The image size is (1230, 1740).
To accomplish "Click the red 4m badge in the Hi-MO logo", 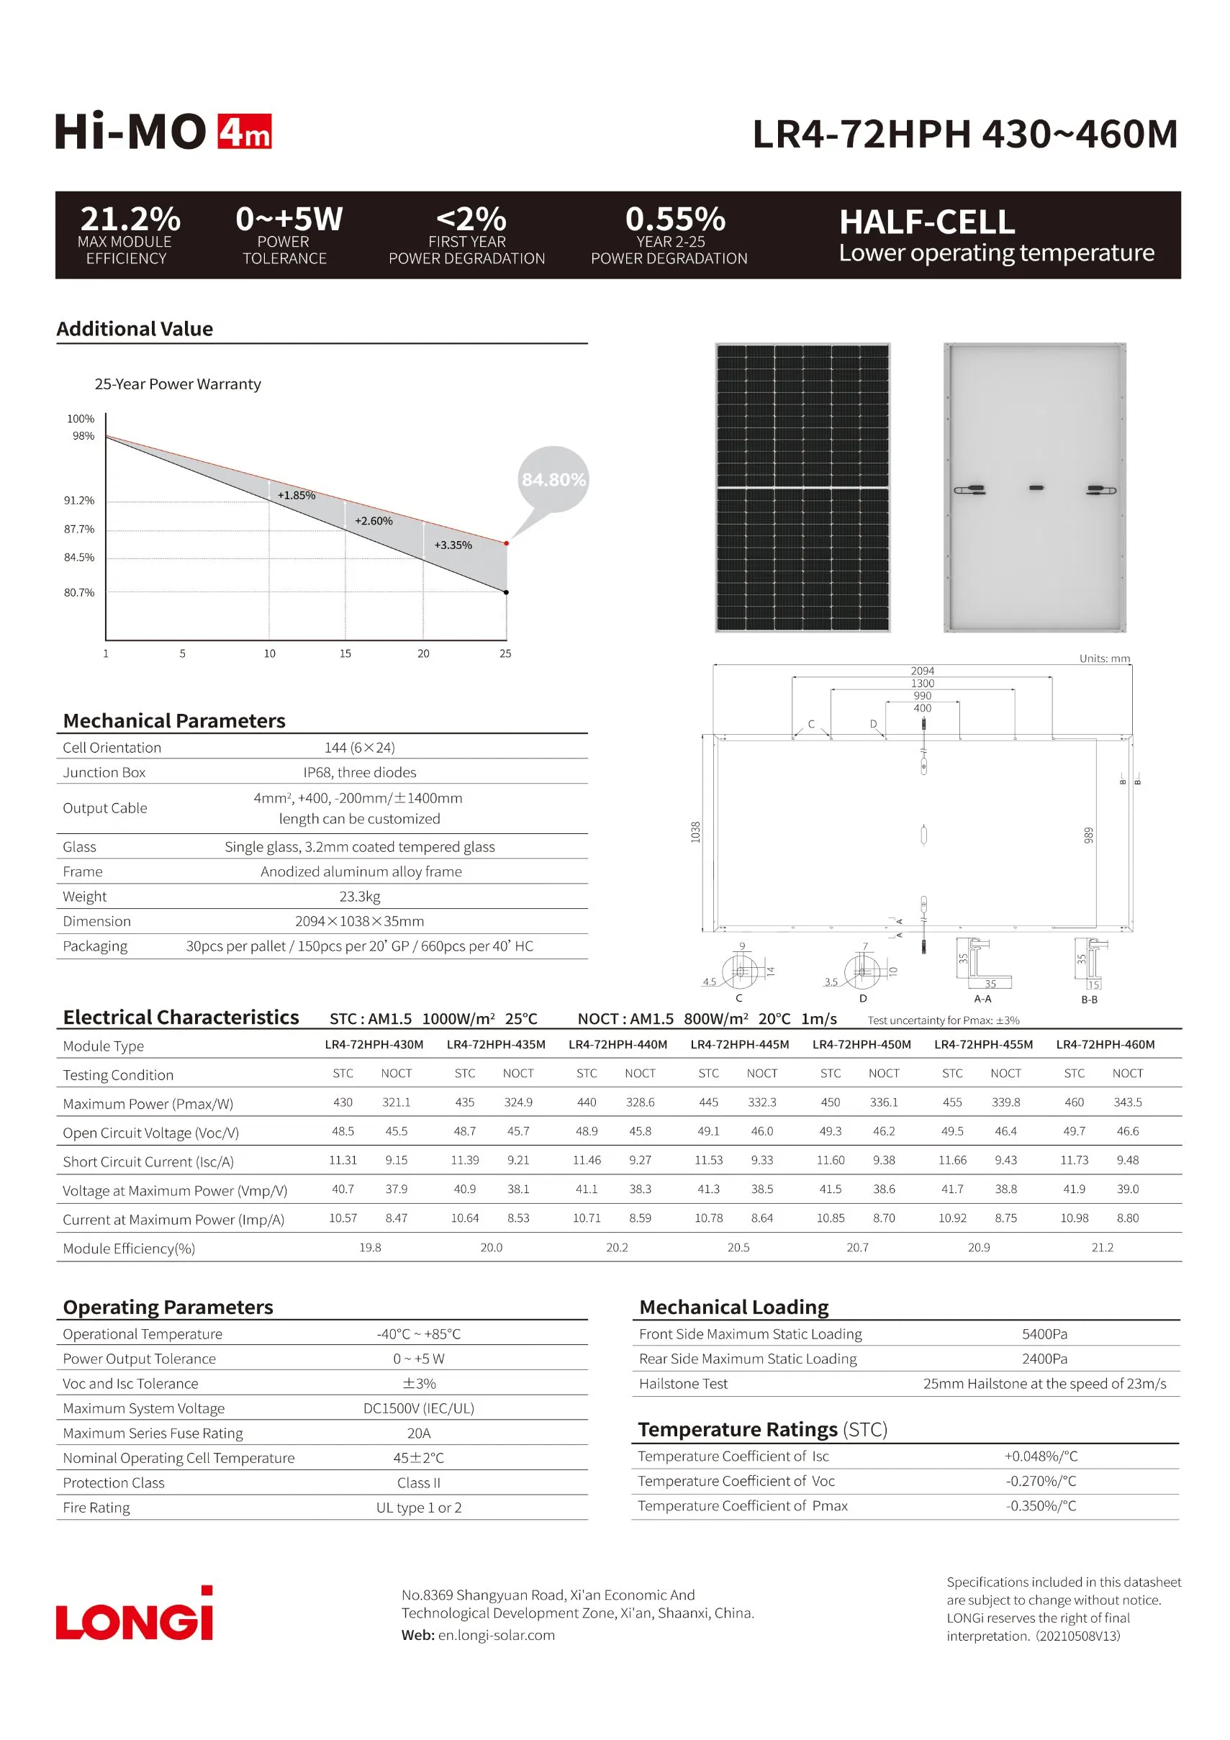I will click(x=244, y=132).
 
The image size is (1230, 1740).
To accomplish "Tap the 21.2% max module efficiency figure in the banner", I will click(x=130, y=219).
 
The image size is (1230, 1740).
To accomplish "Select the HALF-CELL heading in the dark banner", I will click(x=926, y=222).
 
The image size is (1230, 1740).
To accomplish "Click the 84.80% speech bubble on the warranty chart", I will click(x=553, y=480).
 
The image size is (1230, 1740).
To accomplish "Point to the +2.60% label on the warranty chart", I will click(x=374, y=521).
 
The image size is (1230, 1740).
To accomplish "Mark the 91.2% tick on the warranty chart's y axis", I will click(x=79, y=500).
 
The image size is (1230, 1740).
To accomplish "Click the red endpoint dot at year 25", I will click(x=506, y=543).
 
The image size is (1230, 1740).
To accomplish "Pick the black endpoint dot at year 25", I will click(x=506, y=593).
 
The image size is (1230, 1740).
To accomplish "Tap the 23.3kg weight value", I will click(x=359, y=897).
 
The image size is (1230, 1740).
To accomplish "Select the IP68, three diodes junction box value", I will click(x=359, y=772).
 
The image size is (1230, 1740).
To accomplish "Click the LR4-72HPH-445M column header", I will click(x=740, y=1044).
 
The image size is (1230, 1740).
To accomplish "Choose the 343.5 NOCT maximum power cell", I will click(x=1127, y=1102).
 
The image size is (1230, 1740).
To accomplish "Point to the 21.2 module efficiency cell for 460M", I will click(x=1102, y=1247).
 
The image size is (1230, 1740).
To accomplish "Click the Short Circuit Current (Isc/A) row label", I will click(x=148, y=1161).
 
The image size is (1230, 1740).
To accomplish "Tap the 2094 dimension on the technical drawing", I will click(x=922, y=671).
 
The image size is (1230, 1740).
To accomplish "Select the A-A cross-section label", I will click(x=982, y=999).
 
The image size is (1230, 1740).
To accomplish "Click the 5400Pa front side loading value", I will click(x=1044, y=1334).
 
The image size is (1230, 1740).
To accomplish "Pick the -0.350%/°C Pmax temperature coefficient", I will click(x=1041, y=1506).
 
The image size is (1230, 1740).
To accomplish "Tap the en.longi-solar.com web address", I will click(x=497, y=1635).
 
